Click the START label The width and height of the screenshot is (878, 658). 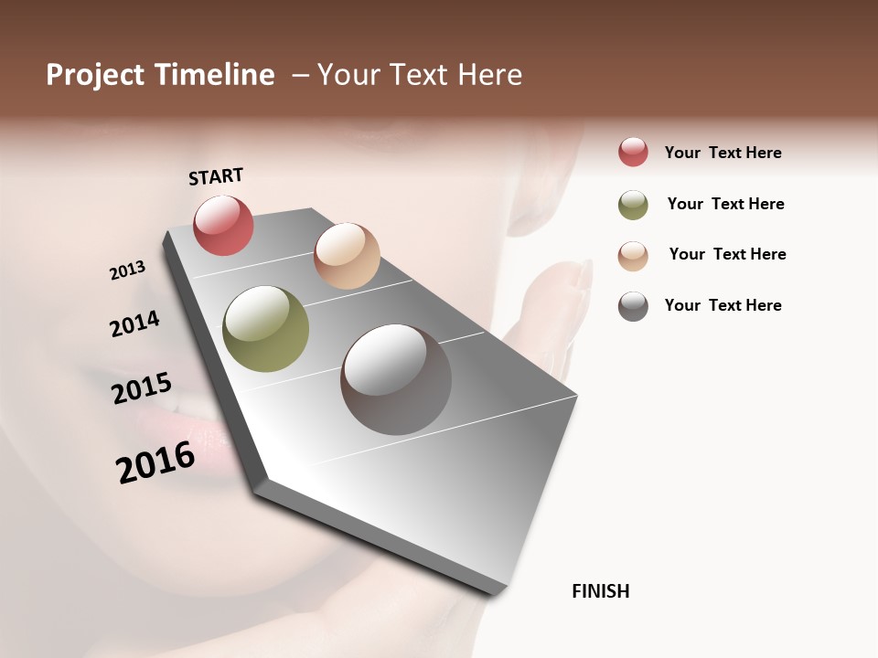pyautogui.click(x=216, y=176)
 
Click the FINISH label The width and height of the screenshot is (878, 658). pyautogui.click(x=600, y=591)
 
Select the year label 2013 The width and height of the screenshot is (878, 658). pyautogui.click(x=127, y=271)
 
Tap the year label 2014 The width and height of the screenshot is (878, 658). pyautogui.click(x=134, y=324)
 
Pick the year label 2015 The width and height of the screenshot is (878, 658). pyautogui.click(x=142, y=388)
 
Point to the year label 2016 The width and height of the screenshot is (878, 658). pyautogui.click(x=155, y=462)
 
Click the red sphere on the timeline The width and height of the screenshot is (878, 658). pyautogui.click(x=223, y=225)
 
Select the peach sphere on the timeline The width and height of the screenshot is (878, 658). pyautogui.click(x=347, y=255)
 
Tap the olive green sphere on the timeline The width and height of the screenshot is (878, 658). pyautogui.click(x=265, y=329)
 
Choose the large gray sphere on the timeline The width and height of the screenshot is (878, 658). pyautogui.click(x=396, y=379)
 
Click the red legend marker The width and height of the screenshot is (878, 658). pyautogui.click(x=633, y=152)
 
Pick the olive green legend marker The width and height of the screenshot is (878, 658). pyautogui.click(x=633, y=205)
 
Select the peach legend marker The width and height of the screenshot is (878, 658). pyautogui.click(x=633, y=256)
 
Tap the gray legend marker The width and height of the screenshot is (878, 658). pyautogui.click(x=633, y=306)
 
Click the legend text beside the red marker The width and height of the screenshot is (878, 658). pyautogui.click(x=723, y=153)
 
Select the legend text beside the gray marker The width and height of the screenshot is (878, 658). pyautogui.click(x=723, y=305)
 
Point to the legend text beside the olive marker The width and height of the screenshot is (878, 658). pyautogui.click(x=725, y=204)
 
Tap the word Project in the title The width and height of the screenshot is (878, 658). pyautogui.click(x=94, y=75)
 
